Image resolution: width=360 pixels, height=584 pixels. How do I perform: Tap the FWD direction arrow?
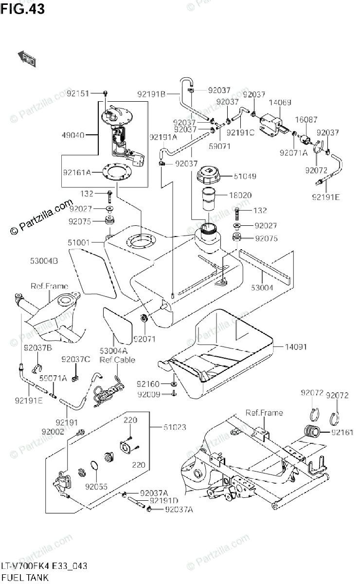(x=27, y=59)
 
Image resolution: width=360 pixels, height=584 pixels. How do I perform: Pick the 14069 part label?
(x=280, y=103)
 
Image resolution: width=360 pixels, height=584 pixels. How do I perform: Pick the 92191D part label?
(x=164, y=500)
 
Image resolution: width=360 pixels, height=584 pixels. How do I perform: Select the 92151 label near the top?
(x=78, y=93)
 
